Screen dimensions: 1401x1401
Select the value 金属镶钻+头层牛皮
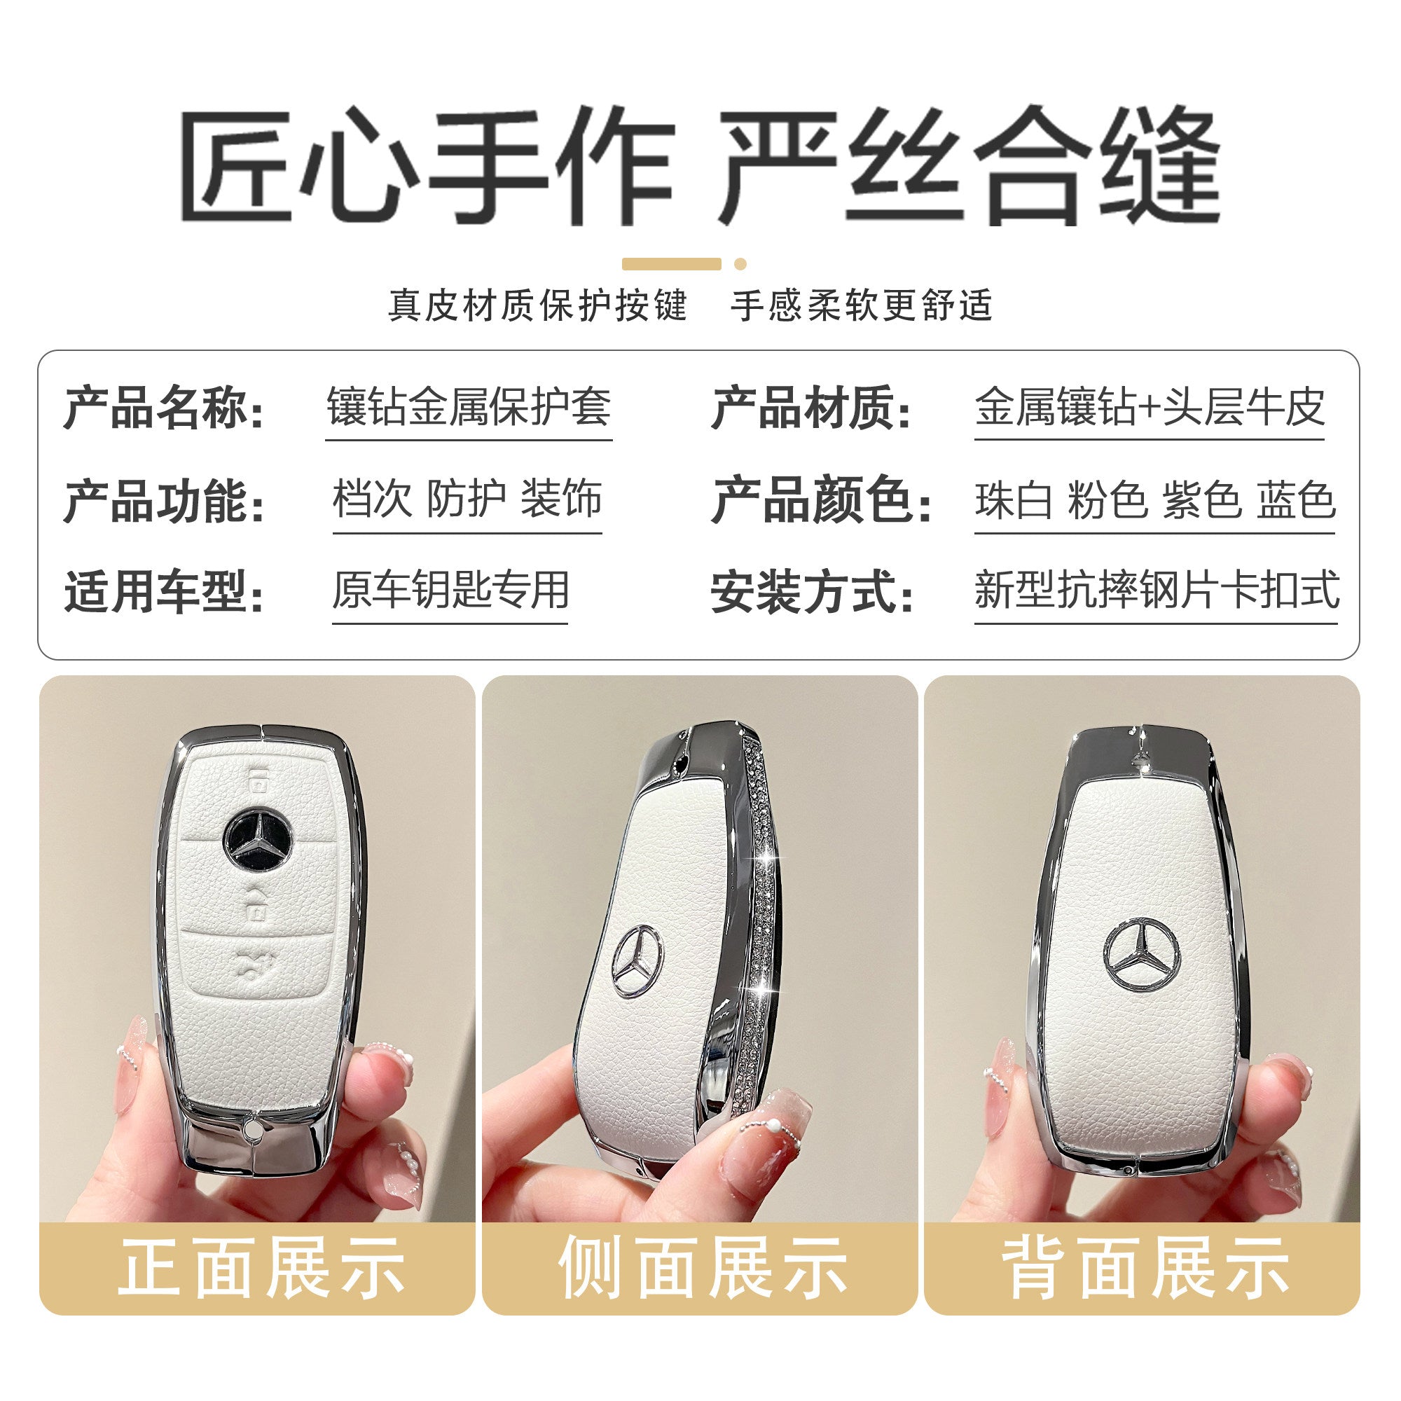(1150, 406)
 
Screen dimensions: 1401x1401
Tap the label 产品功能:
(165, 500)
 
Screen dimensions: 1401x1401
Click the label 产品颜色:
(822, 499)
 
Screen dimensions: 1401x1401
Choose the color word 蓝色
(1297, 499)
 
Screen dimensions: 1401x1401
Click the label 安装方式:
(811, 592)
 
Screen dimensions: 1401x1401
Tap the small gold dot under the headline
(740, 264)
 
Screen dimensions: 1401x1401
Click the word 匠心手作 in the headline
(428, 166)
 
